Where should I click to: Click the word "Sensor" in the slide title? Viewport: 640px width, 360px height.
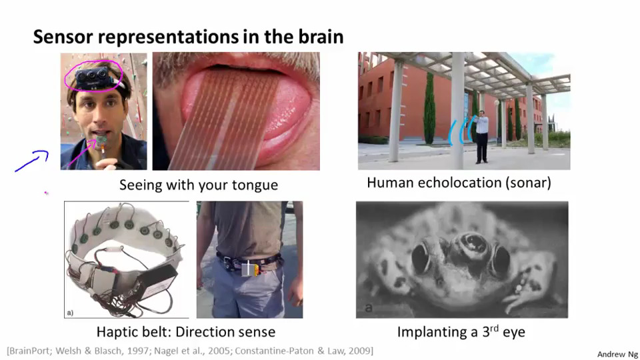click(63, 37)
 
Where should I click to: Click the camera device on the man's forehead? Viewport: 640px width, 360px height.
click(93, 77)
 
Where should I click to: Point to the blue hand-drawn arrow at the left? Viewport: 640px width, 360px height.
click(32, 161)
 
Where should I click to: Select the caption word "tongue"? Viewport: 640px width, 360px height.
click(255, 186)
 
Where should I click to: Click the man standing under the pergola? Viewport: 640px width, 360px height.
click(482, 136)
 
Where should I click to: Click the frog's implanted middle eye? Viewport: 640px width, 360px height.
click(472, 244)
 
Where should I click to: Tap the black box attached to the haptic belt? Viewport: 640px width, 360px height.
click(157, 283)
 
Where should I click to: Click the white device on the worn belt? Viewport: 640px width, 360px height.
click(248, 269)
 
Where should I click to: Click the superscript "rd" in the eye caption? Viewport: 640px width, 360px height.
click(493, 328)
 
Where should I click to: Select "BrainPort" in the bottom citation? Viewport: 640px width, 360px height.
click(30, 351)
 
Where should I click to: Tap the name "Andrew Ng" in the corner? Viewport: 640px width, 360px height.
click(617, 354)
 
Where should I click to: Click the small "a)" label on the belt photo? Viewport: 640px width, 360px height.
click(70, 313)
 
